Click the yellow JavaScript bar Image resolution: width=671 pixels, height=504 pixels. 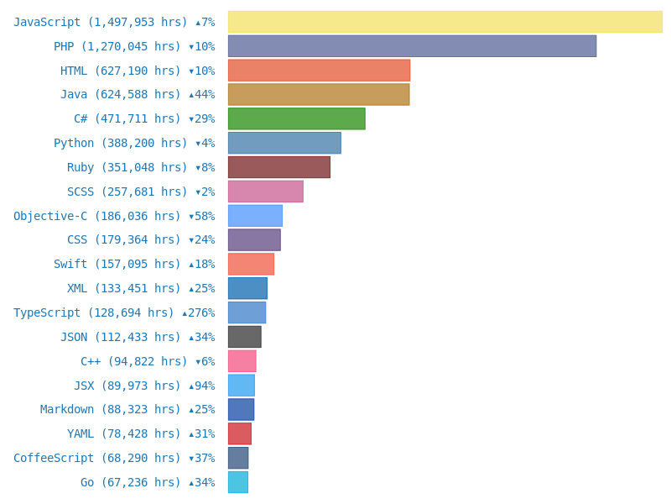coord(445,22)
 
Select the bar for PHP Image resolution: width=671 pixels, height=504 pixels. coord(412,46)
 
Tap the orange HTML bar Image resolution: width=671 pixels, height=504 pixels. coord(319,71)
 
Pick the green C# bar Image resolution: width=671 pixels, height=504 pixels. coord(296,118)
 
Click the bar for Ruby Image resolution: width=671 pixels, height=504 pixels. coord(278,167)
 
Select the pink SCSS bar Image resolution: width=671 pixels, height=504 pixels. coord(265,192)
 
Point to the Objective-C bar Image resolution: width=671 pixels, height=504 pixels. coord(255,216)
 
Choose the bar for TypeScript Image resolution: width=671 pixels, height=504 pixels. coord(247,312)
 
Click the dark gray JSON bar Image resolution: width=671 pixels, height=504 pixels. coord(244,337)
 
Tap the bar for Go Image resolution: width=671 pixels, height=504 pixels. coord(237,482)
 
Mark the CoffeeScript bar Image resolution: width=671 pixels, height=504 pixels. coord(237,458)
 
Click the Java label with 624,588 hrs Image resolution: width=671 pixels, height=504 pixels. coord(120,95)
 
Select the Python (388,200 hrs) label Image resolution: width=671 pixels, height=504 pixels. coord(120,144)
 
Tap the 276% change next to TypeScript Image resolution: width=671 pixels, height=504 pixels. coord(199,313)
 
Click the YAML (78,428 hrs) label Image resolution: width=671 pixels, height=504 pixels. coord(123,434)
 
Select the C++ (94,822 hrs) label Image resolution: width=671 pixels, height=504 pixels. coord(130,361)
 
